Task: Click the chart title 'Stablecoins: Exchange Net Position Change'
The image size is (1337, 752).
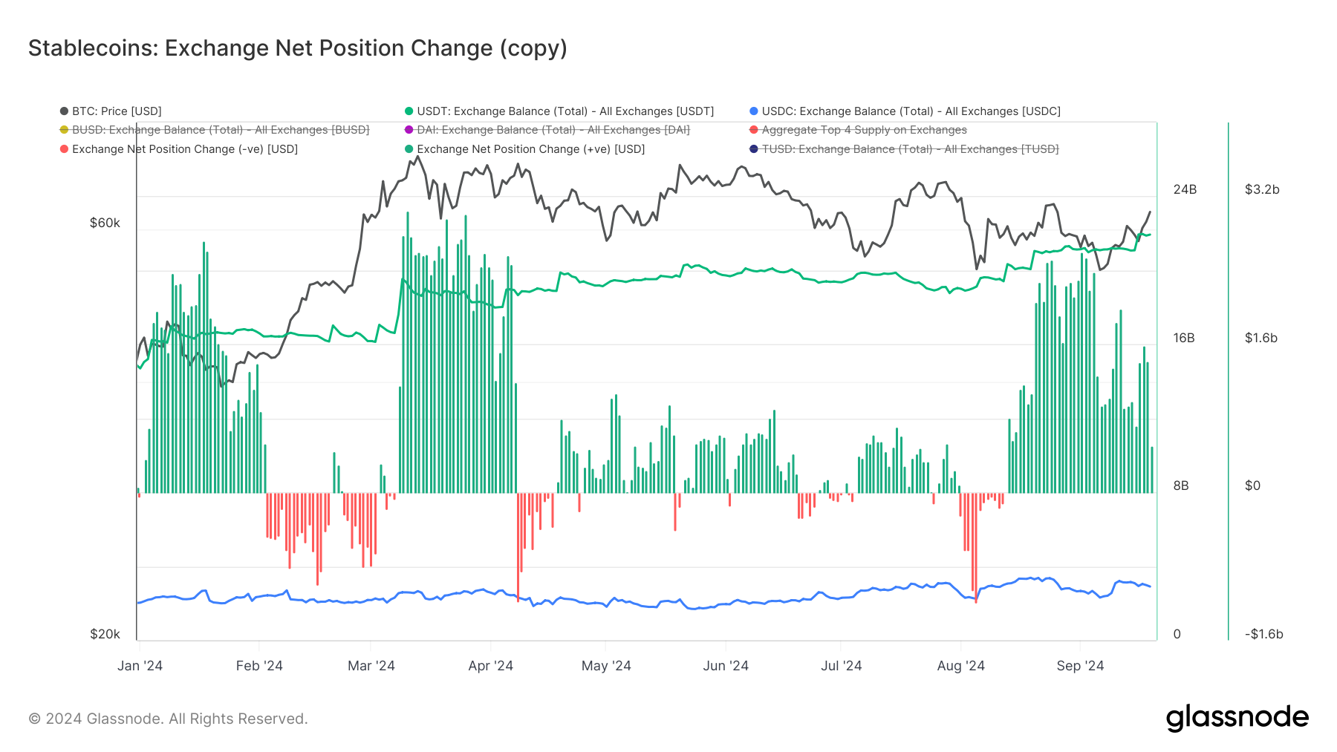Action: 297,48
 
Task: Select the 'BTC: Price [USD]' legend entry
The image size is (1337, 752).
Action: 116,111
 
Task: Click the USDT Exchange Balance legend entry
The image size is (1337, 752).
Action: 565,111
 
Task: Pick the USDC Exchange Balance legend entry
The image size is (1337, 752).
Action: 911,111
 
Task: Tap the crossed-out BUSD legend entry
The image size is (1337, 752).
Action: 220,130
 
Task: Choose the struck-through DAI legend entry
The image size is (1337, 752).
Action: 553,130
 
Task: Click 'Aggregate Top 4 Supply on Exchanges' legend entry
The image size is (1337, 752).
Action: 864,130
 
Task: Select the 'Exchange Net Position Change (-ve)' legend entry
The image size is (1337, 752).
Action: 184,149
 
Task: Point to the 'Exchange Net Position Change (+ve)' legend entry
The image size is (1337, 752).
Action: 530,149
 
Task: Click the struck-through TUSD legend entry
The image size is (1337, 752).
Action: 910,149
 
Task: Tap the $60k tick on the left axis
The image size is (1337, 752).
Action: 105,223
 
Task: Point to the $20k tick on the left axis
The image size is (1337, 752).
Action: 105,634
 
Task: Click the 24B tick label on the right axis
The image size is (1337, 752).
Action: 1185,189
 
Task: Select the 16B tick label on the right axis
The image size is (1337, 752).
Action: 1184,338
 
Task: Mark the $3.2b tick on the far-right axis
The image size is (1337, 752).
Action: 1262,189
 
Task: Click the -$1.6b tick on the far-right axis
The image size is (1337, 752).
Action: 1263,634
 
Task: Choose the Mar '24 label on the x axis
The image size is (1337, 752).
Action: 371,666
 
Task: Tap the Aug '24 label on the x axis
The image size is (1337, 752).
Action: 960,666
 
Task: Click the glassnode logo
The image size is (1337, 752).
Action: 1237,718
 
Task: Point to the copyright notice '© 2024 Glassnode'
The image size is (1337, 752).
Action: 168,719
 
